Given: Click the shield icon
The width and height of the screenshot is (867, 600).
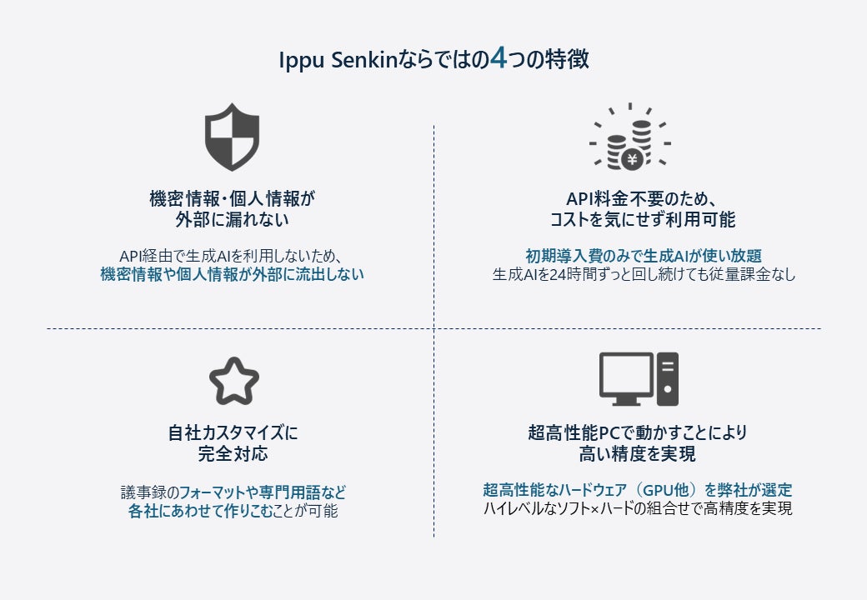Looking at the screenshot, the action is [x=233, y=137].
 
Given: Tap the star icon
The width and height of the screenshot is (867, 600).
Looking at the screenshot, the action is [x=233, y=381].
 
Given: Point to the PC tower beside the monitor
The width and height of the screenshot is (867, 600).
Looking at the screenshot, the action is [x=668, y=378].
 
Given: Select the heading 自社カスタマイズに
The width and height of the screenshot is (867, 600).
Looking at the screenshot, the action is [x=233, y=433].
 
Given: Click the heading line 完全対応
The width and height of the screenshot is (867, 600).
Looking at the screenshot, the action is [x=233, y=454].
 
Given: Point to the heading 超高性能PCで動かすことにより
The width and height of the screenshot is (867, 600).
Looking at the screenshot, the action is [x=637, y=433].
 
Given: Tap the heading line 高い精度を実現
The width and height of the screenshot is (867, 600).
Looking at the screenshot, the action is [x=637, y=454].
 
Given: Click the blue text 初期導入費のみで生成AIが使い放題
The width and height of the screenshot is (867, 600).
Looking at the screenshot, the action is [x=643, y=255].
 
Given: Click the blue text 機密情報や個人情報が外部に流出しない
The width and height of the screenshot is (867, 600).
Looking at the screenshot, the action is [x=233, y=274].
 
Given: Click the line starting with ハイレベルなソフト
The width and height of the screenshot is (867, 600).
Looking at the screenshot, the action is [x=637, y=508].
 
